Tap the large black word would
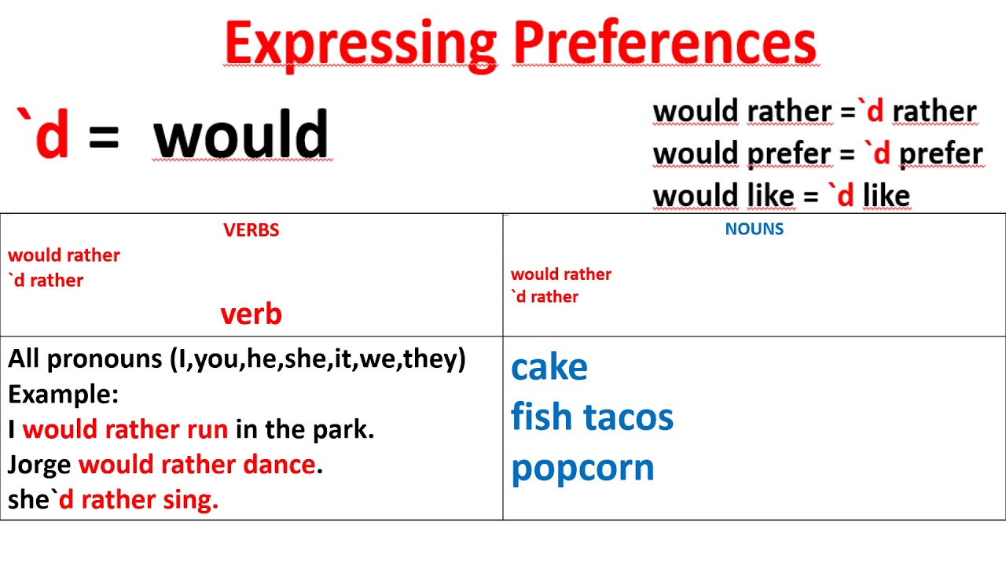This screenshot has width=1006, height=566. [240, 134]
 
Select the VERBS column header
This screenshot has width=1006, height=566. [251, 230]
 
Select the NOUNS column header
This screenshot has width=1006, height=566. [754, 229]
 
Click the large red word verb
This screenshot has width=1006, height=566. [251, 314]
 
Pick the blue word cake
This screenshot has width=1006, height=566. [549, 367]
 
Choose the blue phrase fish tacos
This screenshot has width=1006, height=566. [592, 417]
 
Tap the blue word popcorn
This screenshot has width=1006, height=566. [582, 468]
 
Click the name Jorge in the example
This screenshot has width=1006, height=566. [40, 465]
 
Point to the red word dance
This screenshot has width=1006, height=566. [279, 465]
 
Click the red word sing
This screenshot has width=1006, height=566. [191, 500]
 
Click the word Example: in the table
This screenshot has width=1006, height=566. [63, 394]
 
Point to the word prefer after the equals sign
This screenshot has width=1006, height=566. [940, 154]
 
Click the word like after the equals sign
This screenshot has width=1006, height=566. [886, 196]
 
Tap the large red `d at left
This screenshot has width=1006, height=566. [44, 134]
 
